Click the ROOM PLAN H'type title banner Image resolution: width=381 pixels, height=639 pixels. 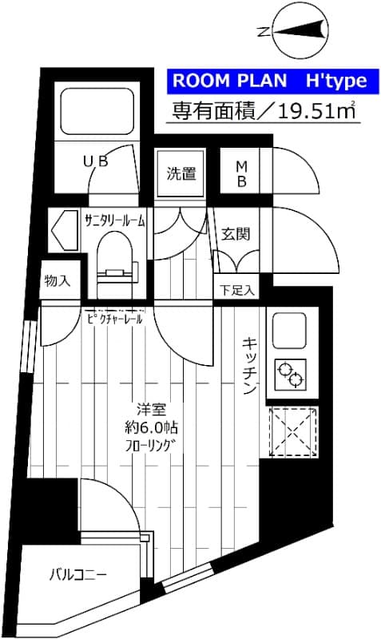click(267, 81)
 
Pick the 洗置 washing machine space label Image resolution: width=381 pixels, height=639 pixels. click(181, 173)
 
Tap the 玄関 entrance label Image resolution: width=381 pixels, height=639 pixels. click(236, 234)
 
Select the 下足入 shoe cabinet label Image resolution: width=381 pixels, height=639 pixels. click(236, 289)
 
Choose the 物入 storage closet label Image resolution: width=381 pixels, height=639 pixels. click(58, 280)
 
